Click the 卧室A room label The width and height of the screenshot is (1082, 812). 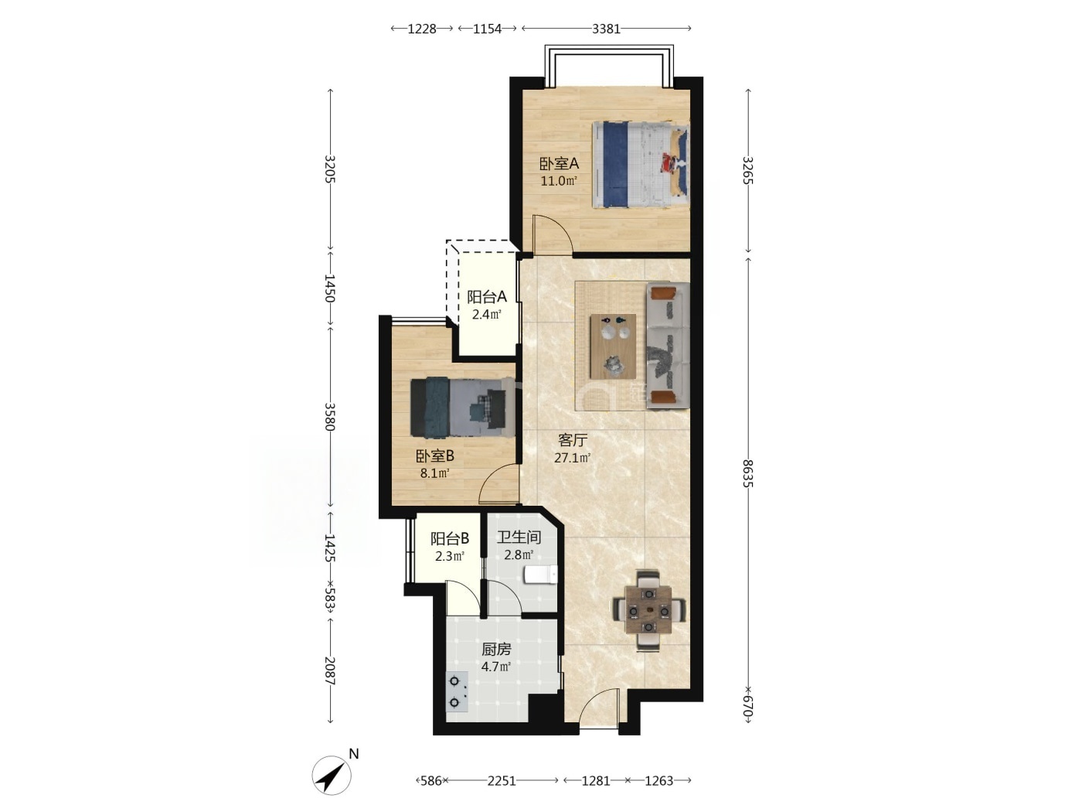click(x=559, y=163)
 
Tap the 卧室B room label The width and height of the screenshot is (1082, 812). click(x=435, y=456)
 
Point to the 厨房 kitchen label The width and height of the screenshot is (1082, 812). click(x=496, y=650)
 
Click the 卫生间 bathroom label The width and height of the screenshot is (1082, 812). click(x=519, y=537)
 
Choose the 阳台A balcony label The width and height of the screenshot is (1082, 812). click(x=487, y=297)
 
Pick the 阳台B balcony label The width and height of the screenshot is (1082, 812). click(x=450, y=538)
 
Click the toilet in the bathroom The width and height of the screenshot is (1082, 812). click(x=539, y=575)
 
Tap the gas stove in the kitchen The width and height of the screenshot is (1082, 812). click(x=457, y=692)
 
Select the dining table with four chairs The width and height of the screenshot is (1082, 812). click(x=649, y=610)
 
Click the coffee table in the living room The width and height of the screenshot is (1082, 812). click(x=613, y=346)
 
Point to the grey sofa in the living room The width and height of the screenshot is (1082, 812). click(x=668, y=346)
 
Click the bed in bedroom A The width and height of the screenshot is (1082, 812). click(x=641, y=165)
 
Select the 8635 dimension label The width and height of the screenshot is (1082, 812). click(x=747, y=473)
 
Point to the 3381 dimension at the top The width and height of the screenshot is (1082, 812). click(x=606, y=29)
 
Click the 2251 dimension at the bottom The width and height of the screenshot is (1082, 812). click(x=502, y=780)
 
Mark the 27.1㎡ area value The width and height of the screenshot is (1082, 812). click(x=573, y=458)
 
